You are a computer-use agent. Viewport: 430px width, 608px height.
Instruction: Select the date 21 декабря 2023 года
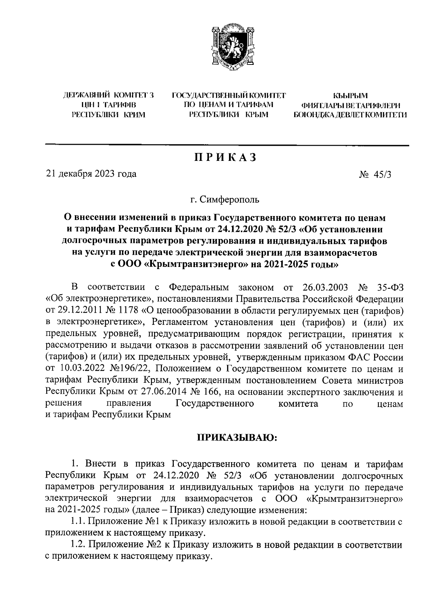91,174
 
